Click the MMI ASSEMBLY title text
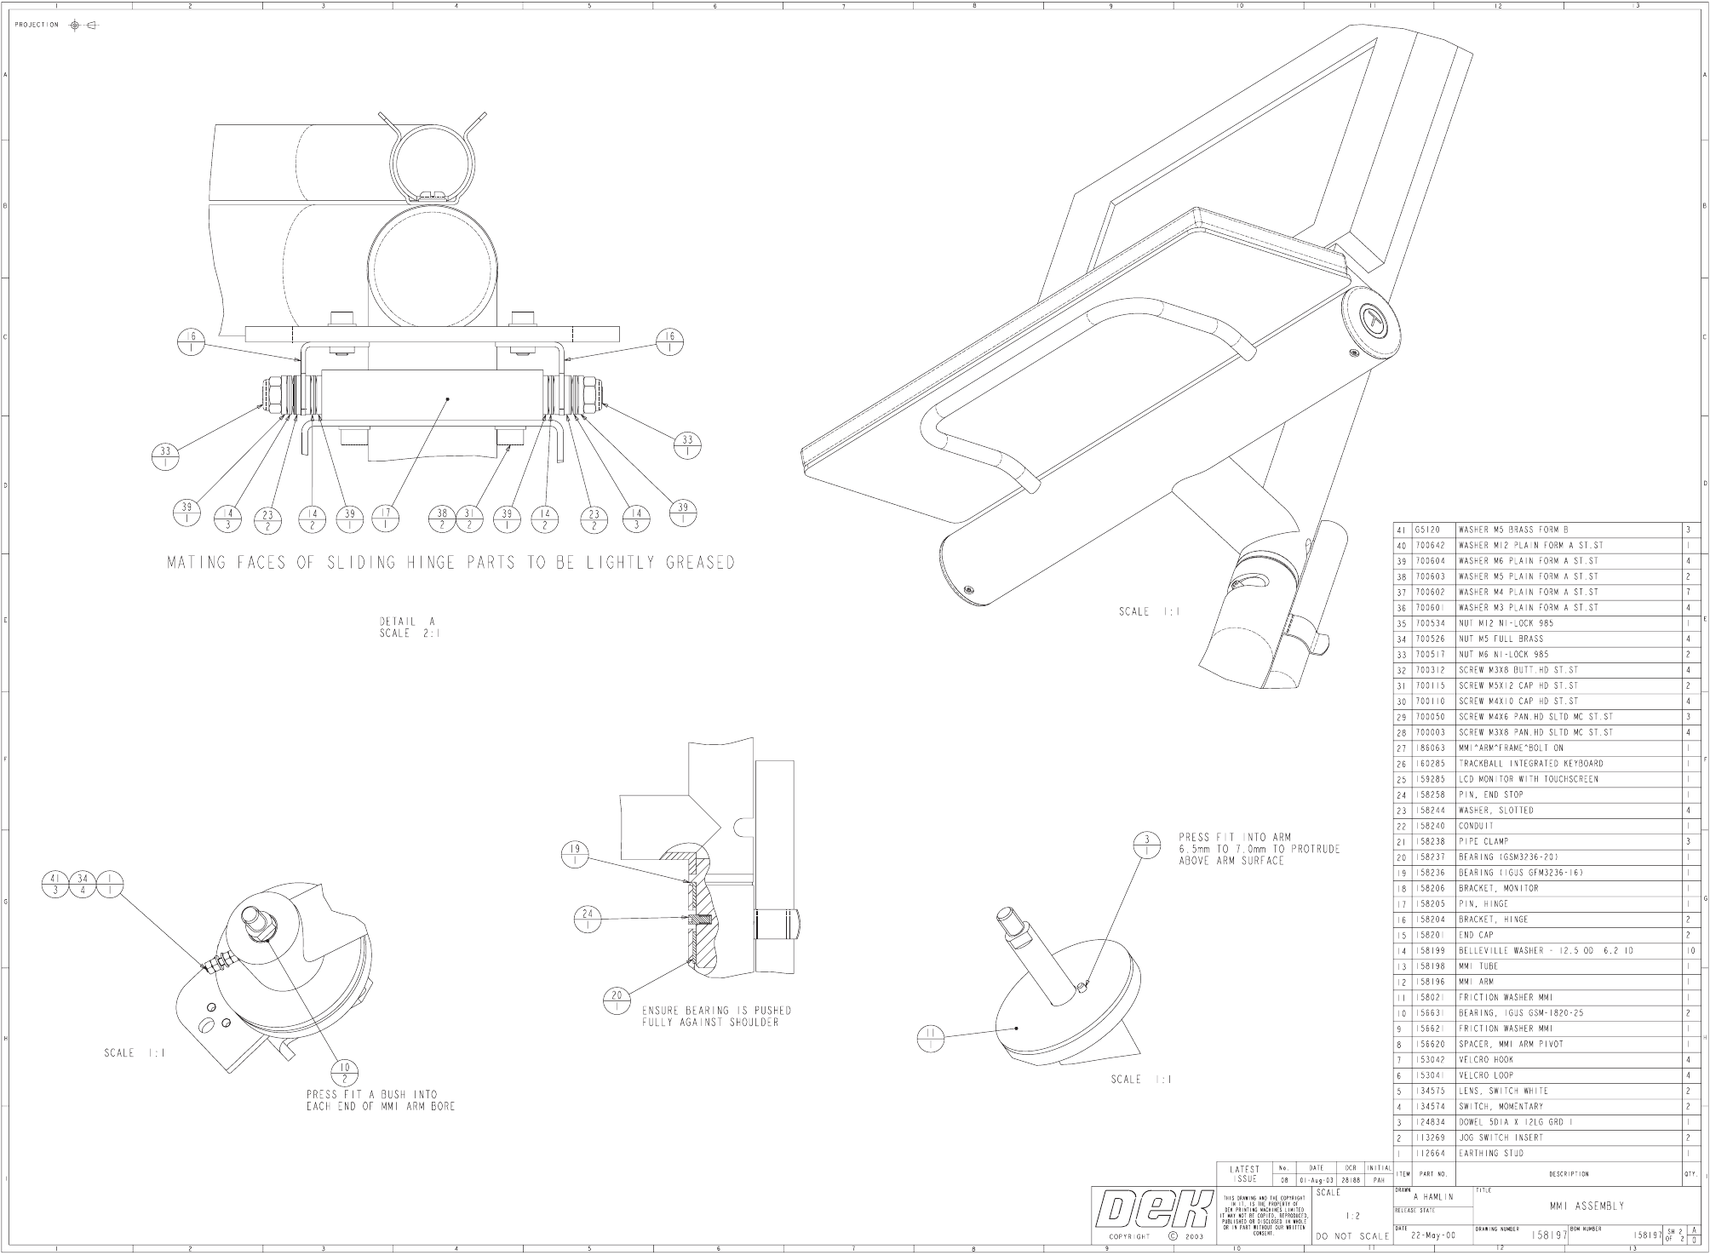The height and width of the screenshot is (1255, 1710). [1586, 1206]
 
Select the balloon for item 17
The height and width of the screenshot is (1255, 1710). [387, 518]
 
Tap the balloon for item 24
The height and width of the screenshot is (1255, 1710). [588, 919]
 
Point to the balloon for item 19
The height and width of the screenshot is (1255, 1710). [575, 853]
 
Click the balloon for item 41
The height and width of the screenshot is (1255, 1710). [55, 883]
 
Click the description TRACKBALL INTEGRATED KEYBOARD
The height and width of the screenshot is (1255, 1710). [1530, 764]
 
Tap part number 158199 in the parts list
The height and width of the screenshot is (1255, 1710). [1431, 950]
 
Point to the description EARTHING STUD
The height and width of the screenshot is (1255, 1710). [1490, 1153]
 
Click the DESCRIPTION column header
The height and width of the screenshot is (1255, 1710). [1569, 1174]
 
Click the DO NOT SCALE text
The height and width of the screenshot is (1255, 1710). [1352, 1236]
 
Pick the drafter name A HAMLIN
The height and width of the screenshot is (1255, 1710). [1433, 1196]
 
